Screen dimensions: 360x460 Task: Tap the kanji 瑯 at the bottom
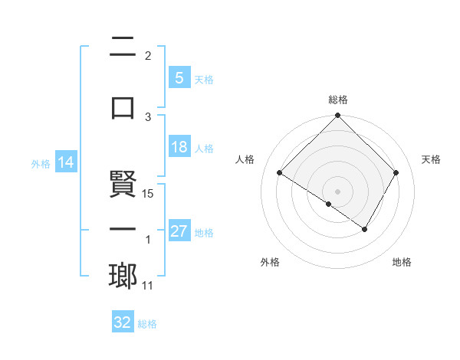tap(123, 276)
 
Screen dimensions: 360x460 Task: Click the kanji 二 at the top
tap(123, 47)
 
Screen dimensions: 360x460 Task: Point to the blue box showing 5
tap(179, 78)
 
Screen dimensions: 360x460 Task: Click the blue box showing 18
tap(179, 148)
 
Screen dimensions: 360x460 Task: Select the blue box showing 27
tap(179, 232)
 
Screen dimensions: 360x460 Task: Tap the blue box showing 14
tap(65, 162)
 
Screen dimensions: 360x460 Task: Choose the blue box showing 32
tap(122, 323)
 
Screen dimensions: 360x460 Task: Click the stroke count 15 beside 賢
tap(149, 194)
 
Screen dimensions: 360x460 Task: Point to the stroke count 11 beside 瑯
tap(148, 286)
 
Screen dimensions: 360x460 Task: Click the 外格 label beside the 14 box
tap(40, 163)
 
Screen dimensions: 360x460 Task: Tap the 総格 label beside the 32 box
tap(147, 324)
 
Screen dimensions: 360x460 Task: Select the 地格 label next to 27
tap(205, 233)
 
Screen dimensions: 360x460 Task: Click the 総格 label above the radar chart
tap(338, 100)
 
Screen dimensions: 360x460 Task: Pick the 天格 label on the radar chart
tap(432, 159)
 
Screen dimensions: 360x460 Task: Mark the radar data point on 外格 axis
tap(329, 204)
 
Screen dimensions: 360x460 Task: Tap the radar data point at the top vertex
tap(338, 116)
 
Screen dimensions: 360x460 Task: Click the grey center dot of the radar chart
tap(338, 191)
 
